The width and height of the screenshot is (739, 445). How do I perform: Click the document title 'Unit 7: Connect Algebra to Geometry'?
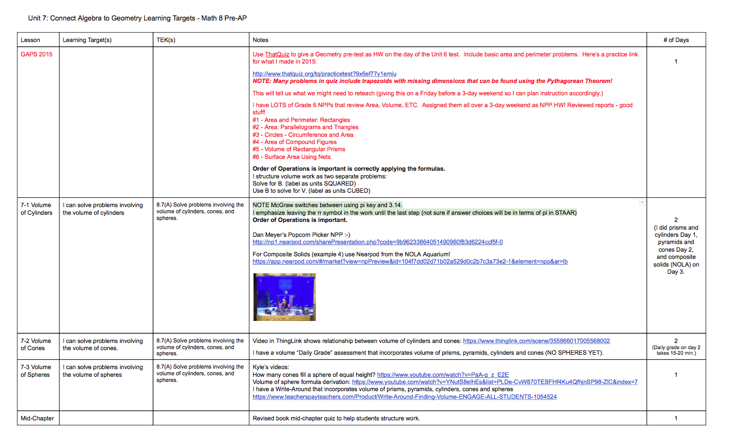(137, 18)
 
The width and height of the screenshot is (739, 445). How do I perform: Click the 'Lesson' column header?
(30, 40)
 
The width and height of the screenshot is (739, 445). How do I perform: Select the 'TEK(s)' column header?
(166, 40)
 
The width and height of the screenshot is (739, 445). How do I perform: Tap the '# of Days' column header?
(676, 40)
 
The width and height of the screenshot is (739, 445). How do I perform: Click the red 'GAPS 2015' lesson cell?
(36, 54)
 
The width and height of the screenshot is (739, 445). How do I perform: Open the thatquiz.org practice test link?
(324, 74)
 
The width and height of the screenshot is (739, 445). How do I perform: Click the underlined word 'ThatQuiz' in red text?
(277, 54)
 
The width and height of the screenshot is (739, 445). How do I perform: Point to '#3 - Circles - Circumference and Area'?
(303, 135)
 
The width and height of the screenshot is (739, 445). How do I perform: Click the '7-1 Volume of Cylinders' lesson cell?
(36, 209)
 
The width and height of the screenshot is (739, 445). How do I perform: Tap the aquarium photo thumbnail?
(284, 297)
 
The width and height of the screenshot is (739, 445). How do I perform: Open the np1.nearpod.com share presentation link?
(377, 242)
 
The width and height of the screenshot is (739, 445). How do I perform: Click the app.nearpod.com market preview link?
(410, 261)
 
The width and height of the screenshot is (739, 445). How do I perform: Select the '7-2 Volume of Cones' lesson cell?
(36, 344)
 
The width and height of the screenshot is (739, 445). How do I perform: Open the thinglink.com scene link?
(536, 341)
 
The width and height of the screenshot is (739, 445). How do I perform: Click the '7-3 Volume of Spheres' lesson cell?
(36, 371)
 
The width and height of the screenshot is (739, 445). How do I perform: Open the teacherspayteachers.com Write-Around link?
(404, 397)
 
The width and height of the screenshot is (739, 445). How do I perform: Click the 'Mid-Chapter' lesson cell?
(37, 418)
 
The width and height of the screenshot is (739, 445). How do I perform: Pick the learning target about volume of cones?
(103, 344)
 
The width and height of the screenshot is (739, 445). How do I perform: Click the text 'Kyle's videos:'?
(271, 367)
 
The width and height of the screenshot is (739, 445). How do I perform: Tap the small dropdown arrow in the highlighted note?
(641, 203)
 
